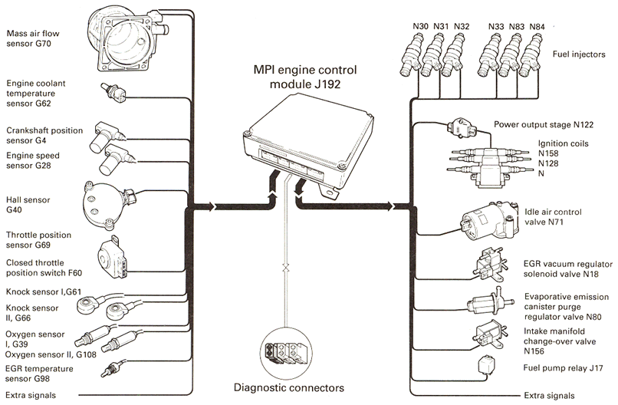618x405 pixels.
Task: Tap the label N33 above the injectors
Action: (495, 26)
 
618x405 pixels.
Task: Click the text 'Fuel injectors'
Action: (579, 55)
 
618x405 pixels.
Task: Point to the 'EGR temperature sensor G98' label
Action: (38, 373)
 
